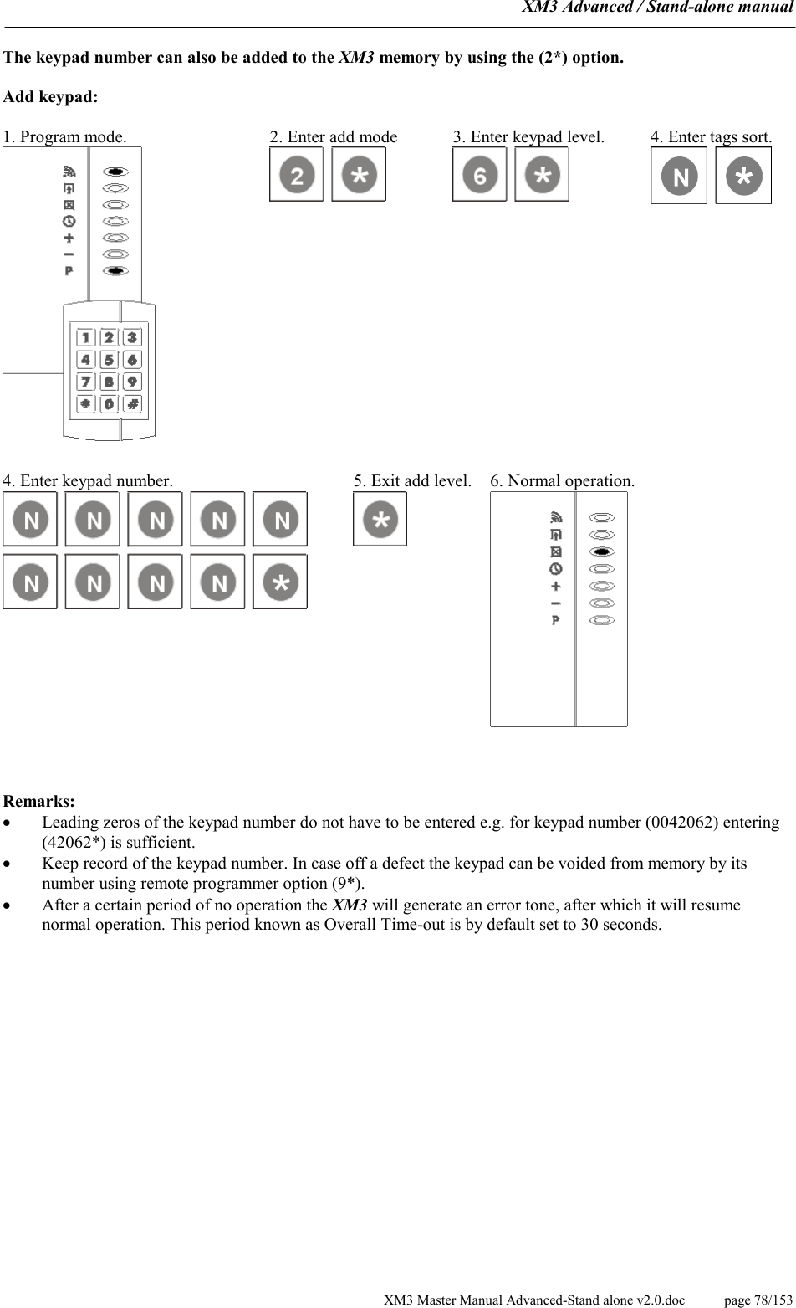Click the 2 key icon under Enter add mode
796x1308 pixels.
[x=296, y=175]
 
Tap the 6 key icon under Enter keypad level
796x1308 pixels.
[x=479, y=175]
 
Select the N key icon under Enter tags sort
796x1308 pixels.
[x=679, y=176]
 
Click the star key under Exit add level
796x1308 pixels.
[x=380, y=519]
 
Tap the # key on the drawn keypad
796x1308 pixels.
[x=132, y=404]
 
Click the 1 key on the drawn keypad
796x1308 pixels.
[x=85, y=337]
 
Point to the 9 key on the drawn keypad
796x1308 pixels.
[x=132, y=382]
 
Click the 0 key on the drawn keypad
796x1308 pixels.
[x=109, y=404]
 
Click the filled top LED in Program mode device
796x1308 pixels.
[x=115, y=172]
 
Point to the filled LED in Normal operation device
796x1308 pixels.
[x=602, y=551]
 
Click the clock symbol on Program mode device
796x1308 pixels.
[x=69, y=221]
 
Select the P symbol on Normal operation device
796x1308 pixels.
[x=556, y=620]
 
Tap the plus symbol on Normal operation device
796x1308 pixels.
[x=556, y=586]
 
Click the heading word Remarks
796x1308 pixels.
[x=38, y=802]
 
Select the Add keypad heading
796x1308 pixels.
[x=50, y=96]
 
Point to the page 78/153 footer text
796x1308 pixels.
[x=758, y=1299]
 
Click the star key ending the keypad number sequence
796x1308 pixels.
[x=280, y=582]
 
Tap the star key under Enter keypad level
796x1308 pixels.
[x=542, y=175]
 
